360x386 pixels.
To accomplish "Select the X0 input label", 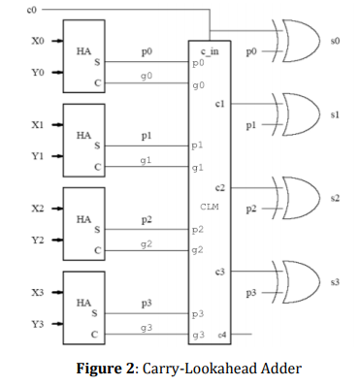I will click(38, 42).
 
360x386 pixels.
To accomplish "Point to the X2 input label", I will click(38, 209).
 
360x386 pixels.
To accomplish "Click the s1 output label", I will click(335, 114).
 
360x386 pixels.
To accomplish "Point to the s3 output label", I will click(335, 282).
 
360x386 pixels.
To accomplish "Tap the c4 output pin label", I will click(223, 335).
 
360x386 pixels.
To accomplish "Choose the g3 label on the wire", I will click(145, 329).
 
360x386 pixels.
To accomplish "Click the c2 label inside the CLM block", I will click(220, 186).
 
